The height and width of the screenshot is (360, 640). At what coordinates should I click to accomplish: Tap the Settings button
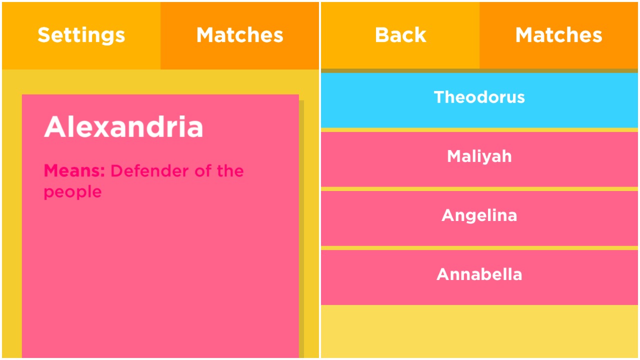point(81,35)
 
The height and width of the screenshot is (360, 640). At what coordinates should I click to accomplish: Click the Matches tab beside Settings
point(239,35)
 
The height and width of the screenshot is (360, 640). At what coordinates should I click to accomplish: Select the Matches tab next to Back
point(558,35)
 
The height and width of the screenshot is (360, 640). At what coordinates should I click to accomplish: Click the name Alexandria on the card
point(123,127)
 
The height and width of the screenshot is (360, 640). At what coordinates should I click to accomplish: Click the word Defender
point(149,171)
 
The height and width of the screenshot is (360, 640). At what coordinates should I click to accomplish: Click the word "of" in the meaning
point(203,170)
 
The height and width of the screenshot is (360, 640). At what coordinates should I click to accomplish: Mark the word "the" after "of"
point(230,170)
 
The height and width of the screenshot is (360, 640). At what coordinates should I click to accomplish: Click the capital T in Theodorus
point(440,97)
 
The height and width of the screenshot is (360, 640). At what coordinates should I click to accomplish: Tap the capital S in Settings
point(45,35)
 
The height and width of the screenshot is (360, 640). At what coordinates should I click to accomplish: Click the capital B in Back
point(382,35)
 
